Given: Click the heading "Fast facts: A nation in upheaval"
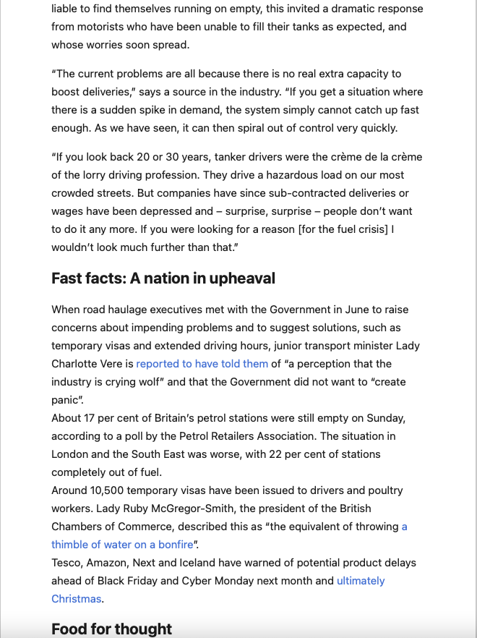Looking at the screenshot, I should [x=163, y=278].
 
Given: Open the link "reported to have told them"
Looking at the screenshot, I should [x=202, y=364].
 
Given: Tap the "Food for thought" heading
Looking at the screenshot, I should [x=112, y=629].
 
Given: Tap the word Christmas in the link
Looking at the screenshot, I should [x=77, y=599].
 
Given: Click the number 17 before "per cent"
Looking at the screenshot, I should [x=93, y=418].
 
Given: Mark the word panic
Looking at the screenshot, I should [x=66, y=400].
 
